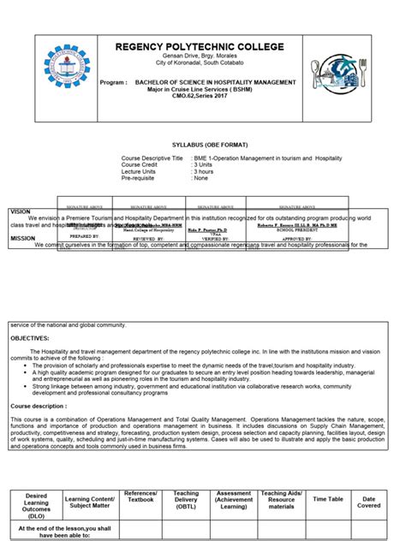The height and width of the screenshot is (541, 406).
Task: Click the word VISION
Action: (x=21, y=211)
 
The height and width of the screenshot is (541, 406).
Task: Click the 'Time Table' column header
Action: (x=328, y=498)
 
